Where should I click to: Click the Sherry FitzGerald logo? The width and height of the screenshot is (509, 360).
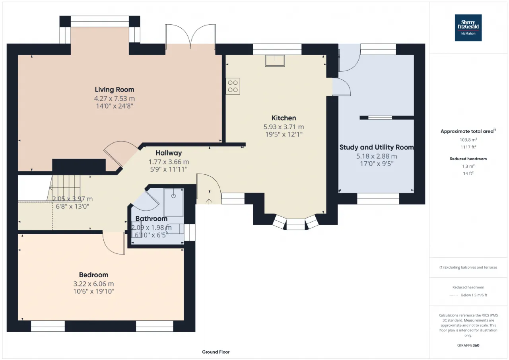click(x=468, y=28)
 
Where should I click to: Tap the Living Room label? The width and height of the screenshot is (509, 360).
click(x=114, y=90)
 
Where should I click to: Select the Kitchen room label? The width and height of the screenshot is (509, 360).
click(x=284, y=118)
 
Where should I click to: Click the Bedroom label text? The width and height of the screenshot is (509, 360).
click(x=93, y=275)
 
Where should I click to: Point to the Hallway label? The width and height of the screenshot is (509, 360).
click(x=169, y=153)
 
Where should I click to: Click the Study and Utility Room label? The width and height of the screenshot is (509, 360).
click(x=377, y=147)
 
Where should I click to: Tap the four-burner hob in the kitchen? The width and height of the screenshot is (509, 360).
click(x=233, y=86)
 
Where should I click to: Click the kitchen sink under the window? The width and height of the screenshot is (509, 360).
click(x=275, y=61)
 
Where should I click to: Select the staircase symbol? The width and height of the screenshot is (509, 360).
click(x=65, y=188)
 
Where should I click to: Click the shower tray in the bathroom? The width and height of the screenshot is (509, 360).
click(x=173, y=202)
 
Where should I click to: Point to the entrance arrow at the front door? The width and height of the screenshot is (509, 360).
click(x=209, y=201)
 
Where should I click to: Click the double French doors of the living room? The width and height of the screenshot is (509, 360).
click(x=190, y=36)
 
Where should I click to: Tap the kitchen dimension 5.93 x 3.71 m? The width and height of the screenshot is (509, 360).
click(x=284, y=127)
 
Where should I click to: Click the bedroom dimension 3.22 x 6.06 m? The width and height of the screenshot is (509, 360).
click(x=93, y=284)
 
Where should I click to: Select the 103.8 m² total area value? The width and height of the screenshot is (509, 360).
click(x=468, y=140)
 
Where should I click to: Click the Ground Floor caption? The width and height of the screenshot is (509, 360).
click(x=216, y=352)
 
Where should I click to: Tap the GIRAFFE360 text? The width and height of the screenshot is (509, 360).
click(x=468, y=345)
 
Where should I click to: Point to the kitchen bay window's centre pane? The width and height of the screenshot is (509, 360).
click(x=295, y=224)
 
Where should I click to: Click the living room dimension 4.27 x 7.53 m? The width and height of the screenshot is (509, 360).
click(x=115, y=98)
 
